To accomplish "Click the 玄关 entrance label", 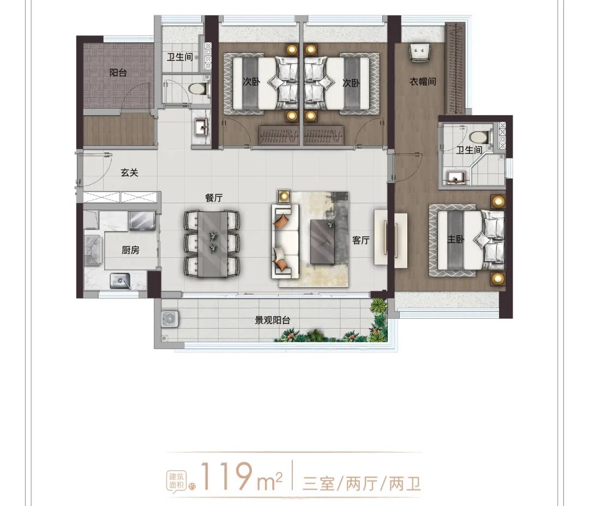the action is pyautogui.click(x=130, y=172).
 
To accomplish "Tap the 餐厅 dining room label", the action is pyautogui.click(x=214, y=198).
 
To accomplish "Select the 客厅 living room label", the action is pyautogui.click(x=360, y=240).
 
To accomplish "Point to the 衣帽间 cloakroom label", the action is pyautogui.click(x=423, y=81).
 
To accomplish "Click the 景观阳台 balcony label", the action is pyautogui.click(x=272, y=320).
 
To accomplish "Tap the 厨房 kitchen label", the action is pyautogui.click(x=130, y=250).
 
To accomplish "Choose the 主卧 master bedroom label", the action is pyautogui.click(x=455, y=239).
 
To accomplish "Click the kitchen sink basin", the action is pyautogui.click(x=120, y=281).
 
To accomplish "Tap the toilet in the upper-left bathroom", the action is pyautogui.click(x=199, y=89).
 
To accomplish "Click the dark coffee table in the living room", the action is pyautogui.click(x=323, y=241).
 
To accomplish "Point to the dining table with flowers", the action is pyautogui.click(x=213, y=244).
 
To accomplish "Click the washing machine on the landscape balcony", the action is pyautogui.click(x=170, y=319).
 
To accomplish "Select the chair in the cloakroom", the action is pyautogui.click(x=419, y=52).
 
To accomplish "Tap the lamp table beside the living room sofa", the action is pyautogui.click(x=284, y=197).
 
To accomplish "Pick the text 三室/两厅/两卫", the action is pyautogui.click(x=362, y=484).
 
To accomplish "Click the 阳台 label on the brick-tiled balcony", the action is pyautogui.click(x=118, y=72).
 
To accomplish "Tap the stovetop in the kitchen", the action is pyautogui.click(x=92, y=249).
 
